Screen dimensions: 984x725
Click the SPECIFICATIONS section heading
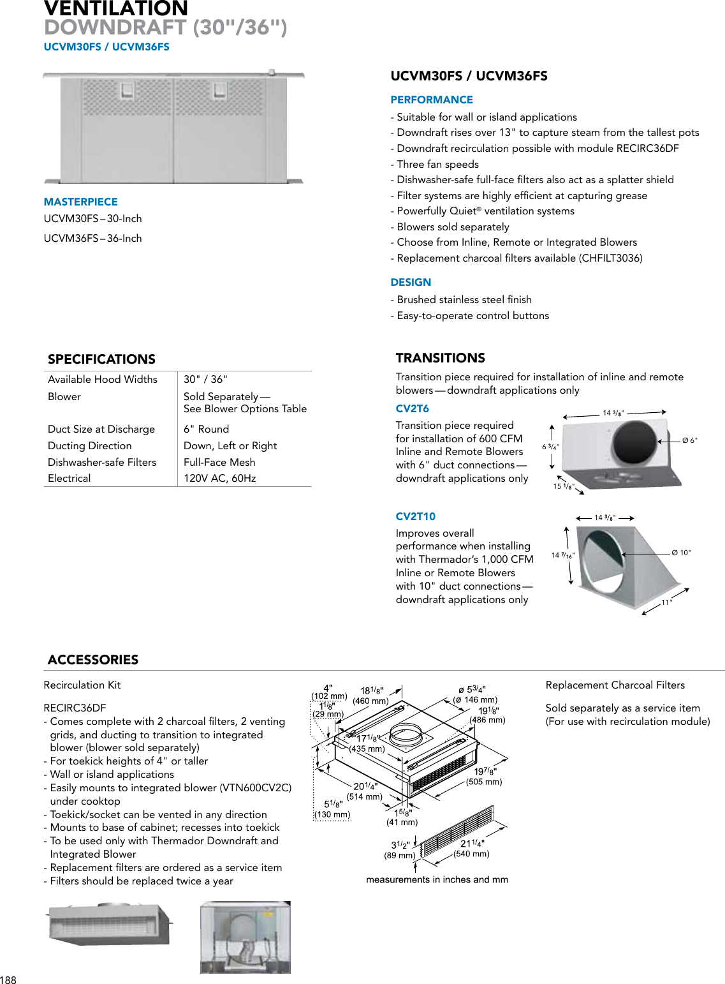click(x=101, y=359)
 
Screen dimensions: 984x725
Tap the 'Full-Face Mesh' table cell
click(x=219, y=463)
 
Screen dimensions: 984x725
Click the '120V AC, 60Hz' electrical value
click(x=219, y=479)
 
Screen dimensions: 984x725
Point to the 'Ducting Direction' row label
click(x=90, y=446)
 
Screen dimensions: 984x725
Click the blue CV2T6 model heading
click(x=412, y=409)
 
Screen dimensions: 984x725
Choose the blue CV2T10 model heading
click(x=415, y=517)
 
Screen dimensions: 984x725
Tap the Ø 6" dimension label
click(x=689, y=440)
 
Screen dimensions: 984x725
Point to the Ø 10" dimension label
click(x=681, y=553)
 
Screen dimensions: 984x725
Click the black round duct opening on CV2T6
click(x=634, y=442)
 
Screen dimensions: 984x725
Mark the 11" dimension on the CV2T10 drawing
click(x=666, y=602)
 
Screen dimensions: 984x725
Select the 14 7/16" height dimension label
click(x=562, y=556)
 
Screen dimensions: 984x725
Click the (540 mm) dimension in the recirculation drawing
click(x=471, y=854)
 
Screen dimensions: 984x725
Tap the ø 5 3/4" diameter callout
click(x=472, y=690)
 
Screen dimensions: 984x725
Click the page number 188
click(x=8, y=980)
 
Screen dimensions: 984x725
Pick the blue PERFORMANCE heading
click(x=432, y=100)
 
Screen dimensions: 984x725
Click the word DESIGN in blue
click(x=411, y=283)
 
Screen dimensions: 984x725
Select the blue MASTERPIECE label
click(x=80, y=202)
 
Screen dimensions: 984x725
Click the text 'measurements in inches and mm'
click(x=437, y=880)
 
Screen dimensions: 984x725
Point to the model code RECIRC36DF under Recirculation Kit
click(x=75, y=708)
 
